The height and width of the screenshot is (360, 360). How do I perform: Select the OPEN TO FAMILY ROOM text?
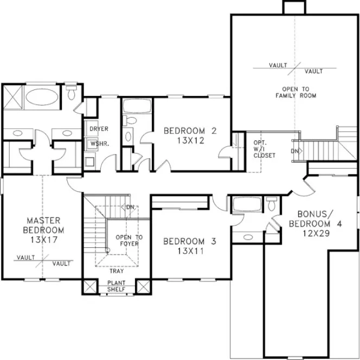coord(295,92)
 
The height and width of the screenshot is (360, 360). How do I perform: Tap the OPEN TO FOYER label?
coord(130,240)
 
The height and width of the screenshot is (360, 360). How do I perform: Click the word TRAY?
coord(117,271)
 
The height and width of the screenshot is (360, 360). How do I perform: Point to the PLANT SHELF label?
coord(116,286)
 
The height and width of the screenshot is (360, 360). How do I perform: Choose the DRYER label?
coord(99,129)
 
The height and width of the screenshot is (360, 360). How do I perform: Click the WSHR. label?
coord(98,145)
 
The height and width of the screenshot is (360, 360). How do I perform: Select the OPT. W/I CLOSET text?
coord(264,149)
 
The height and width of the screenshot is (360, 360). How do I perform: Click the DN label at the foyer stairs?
coord(130,207)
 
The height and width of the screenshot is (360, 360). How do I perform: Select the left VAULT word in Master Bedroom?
coord(25,258)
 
